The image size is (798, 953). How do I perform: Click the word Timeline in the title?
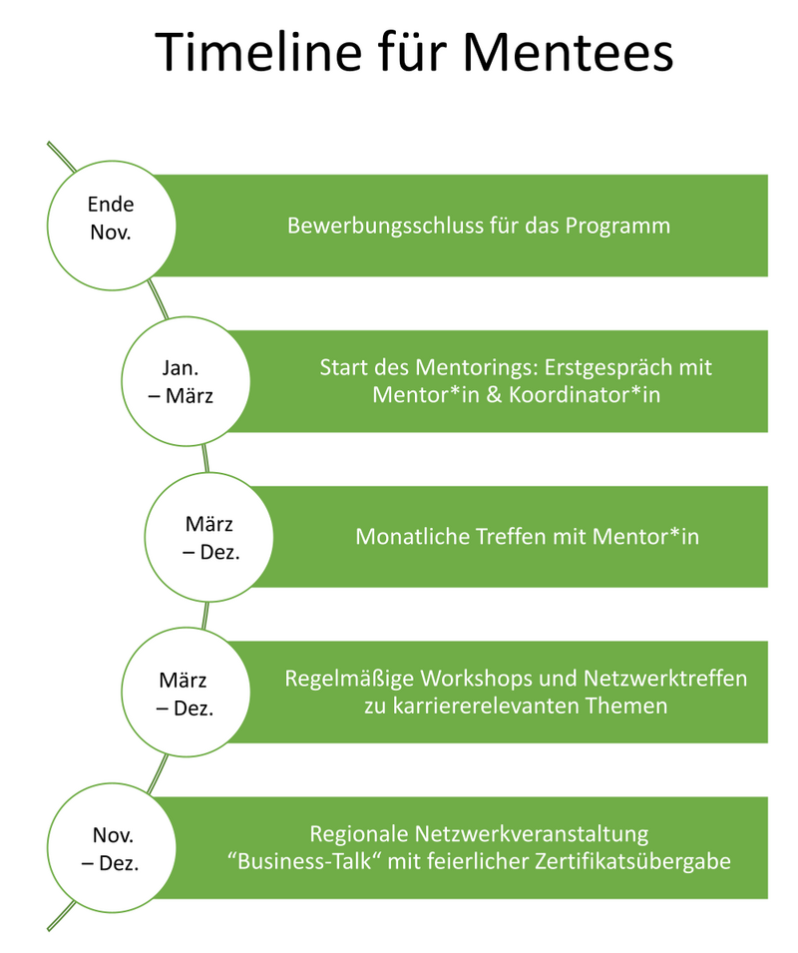coord(258,52)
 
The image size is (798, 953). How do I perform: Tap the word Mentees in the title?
coord(568,52)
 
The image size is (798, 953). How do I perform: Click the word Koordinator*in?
coord(585,395)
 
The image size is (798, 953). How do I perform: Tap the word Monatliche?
coord(412,537)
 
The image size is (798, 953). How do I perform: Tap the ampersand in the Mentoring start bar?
coord(494,395)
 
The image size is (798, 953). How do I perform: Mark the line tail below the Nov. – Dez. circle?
coord(62,916)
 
